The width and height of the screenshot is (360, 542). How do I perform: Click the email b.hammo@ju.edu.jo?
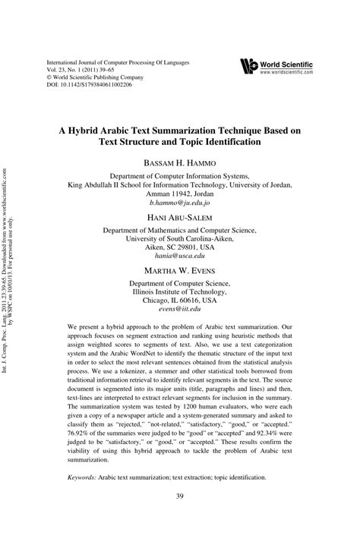click(x=180, y=204)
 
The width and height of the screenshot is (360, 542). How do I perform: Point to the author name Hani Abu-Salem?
click(x=180, y=217)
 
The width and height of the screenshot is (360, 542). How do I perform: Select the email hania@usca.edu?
click(x=180, y=257)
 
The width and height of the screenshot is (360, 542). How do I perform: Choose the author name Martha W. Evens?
click(x=180, y=271)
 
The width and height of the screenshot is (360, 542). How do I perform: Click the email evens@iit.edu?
click(x=180, y=310)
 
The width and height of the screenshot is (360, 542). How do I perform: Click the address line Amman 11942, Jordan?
click(x=180, y=194)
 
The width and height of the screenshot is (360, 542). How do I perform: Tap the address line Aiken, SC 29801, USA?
click(x=180, y=247)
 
